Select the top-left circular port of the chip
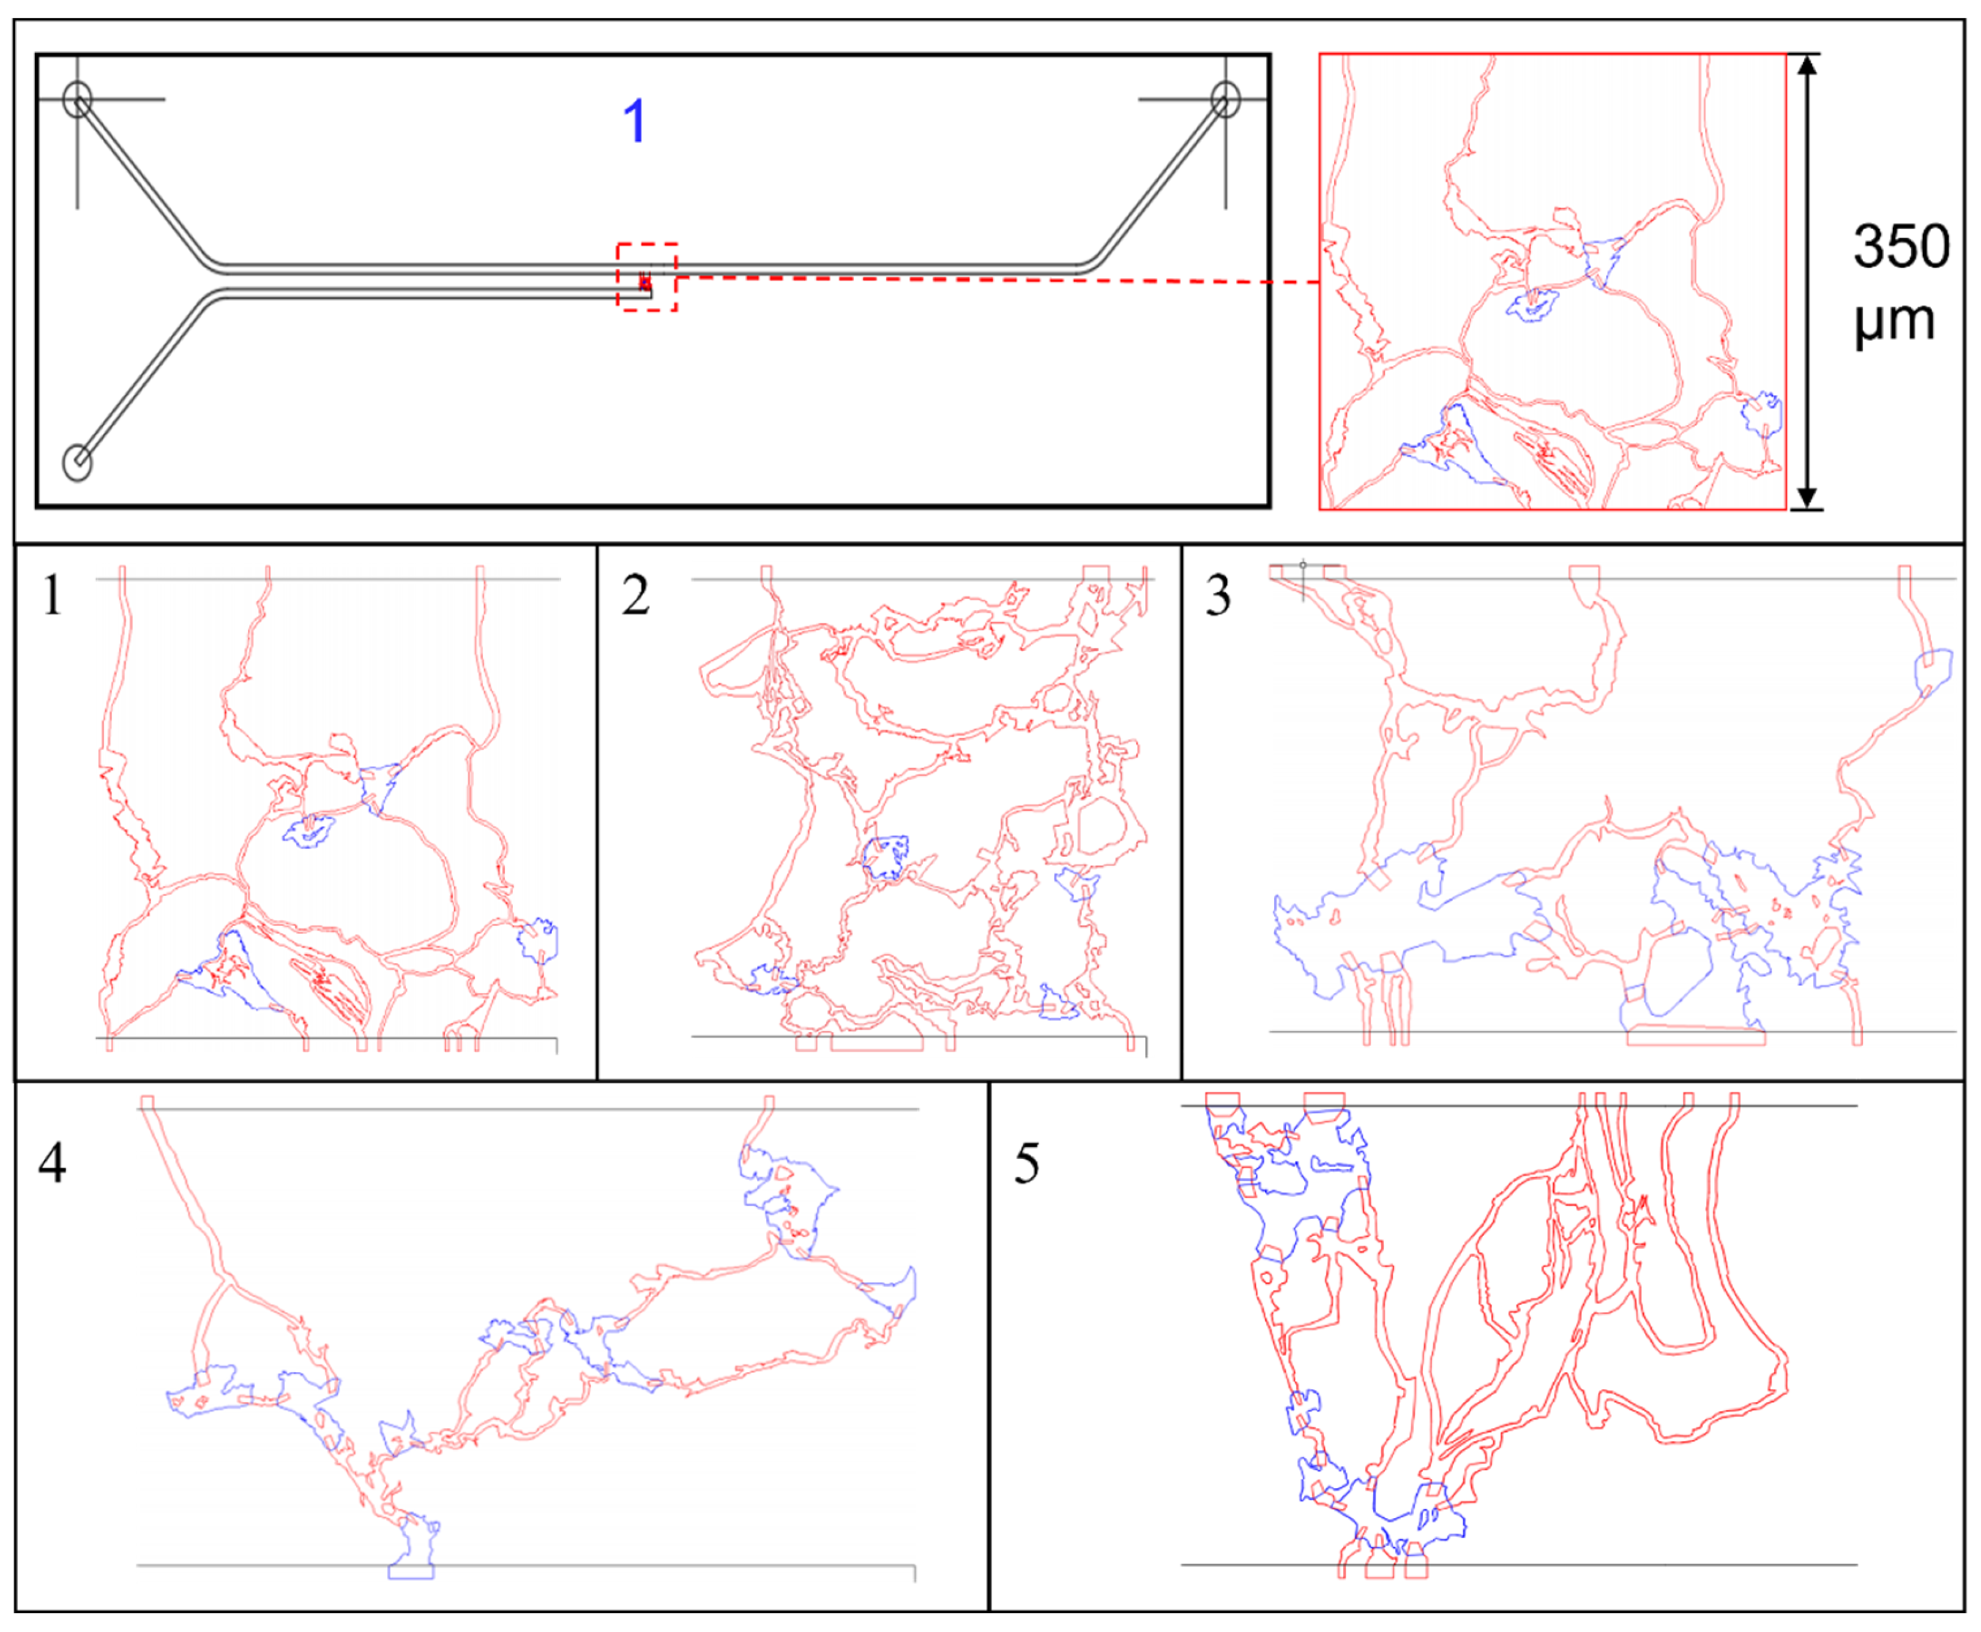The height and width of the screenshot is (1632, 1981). pos(78,99)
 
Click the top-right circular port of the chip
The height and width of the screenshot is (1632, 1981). pos(1225,99)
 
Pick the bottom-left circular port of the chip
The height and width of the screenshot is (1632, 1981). pos(77,463)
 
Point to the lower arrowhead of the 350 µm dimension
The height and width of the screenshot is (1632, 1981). pos(1807,498)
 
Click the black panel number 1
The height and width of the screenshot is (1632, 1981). pos(53,595)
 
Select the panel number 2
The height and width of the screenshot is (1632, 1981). pos(635,595)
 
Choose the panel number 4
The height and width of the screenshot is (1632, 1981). pos(53,1163)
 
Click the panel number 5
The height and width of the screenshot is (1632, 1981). pos(1026,1163)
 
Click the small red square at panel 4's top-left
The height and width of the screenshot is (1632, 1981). pos(147,1102)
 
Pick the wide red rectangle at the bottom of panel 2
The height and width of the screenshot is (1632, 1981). pos(877,1042)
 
